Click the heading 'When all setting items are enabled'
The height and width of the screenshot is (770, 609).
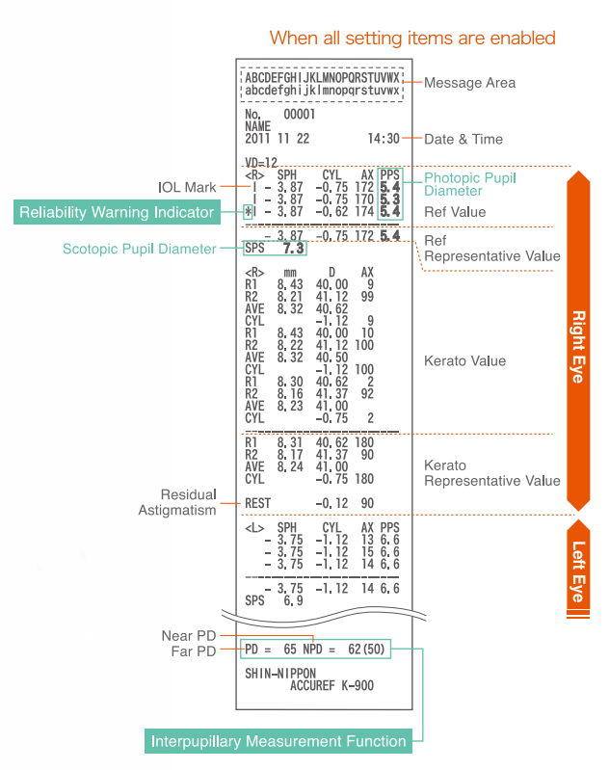pos(412,39)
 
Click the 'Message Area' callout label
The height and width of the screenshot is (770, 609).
pos(469,83)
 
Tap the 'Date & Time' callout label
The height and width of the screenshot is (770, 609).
pos(463,139)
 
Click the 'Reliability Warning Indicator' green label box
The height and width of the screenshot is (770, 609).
pos(117,211)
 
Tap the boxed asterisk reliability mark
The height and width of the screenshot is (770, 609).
pos(249,211)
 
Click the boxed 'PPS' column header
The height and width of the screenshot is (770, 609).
pos(389,174)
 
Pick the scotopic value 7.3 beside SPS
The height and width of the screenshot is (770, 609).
pos(294,249)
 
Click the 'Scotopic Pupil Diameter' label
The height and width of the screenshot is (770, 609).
pos(139,249)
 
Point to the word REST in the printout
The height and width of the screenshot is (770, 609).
pos(257,503)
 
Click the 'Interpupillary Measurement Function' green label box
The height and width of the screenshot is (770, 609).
pos(278,741)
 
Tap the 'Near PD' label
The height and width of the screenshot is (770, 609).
pos(189,636)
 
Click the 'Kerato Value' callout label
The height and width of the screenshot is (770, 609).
pos(464,361)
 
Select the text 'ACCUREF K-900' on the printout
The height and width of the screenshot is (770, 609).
pos(331,686)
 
